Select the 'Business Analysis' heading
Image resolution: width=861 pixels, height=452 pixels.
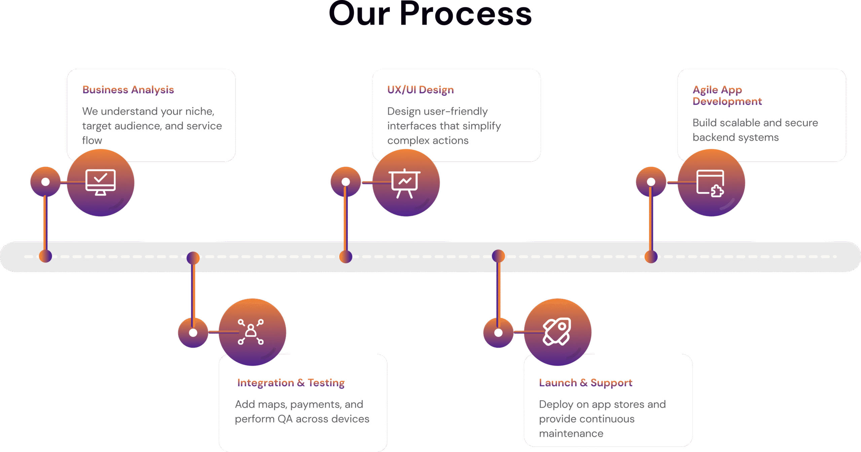(x=128, y=90)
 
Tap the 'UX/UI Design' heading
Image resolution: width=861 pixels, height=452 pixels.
(x=420, y=90)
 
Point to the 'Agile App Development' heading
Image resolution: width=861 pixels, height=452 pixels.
(x=727, y=95)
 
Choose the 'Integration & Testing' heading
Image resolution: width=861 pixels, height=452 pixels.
(x=291, y=383)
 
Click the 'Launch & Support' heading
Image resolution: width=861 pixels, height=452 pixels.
(x=586, y=383)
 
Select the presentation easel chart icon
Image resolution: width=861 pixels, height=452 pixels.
(x=405, y=183)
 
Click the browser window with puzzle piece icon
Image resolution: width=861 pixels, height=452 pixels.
(x=710, y=183)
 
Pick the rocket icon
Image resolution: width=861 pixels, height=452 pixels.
(x=557, y=331)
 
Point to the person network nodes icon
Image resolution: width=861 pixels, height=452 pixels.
(x=251, y=332)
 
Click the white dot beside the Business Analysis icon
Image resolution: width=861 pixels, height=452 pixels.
(x=45, y=182)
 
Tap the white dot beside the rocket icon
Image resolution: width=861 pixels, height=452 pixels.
(x=498, y=333)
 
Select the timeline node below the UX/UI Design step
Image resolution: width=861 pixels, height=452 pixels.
(x=346, y=257)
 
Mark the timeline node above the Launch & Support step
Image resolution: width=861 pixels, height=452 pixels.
(x=498, y=256)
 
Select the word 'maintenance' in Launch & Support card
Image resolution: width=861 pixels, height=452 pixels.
(x=571, y=434)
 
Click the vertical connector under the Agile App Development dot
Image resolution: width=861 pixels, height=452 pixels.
(x=651, y=222)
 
